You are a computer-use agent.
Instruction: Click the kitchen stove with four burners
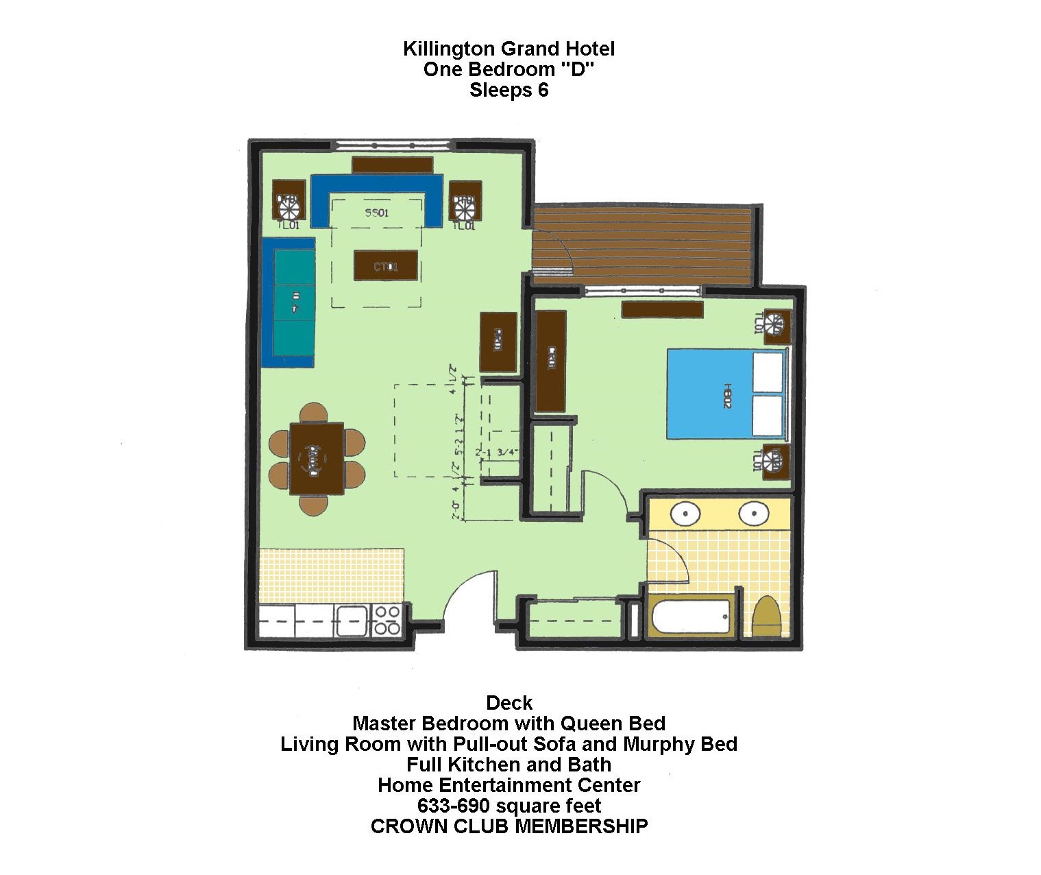pos(386,621)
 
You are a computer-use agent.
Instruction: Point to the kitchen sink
pos(351,621)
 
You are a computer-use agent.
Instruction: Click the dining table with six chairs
pos(316,458)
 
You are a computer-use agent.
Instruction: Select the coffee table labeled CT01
pos(385,265)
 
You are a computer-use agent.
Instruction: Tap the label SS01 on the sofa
pos(376,213)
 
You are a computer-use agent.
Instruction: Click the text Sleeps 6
pos(509,91)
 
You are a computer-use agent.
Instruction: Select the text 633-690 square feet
pos(509,805)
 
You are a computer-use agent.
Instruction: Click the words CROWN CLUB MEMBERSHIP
pos(509,826)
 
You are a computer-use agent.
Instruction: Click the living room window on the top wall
pos(393,145)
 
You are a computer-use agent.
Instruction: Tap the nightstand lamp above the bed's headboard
pos(776,325)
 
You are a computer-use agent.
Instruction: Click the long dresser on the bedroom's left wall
pos(550,361)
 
